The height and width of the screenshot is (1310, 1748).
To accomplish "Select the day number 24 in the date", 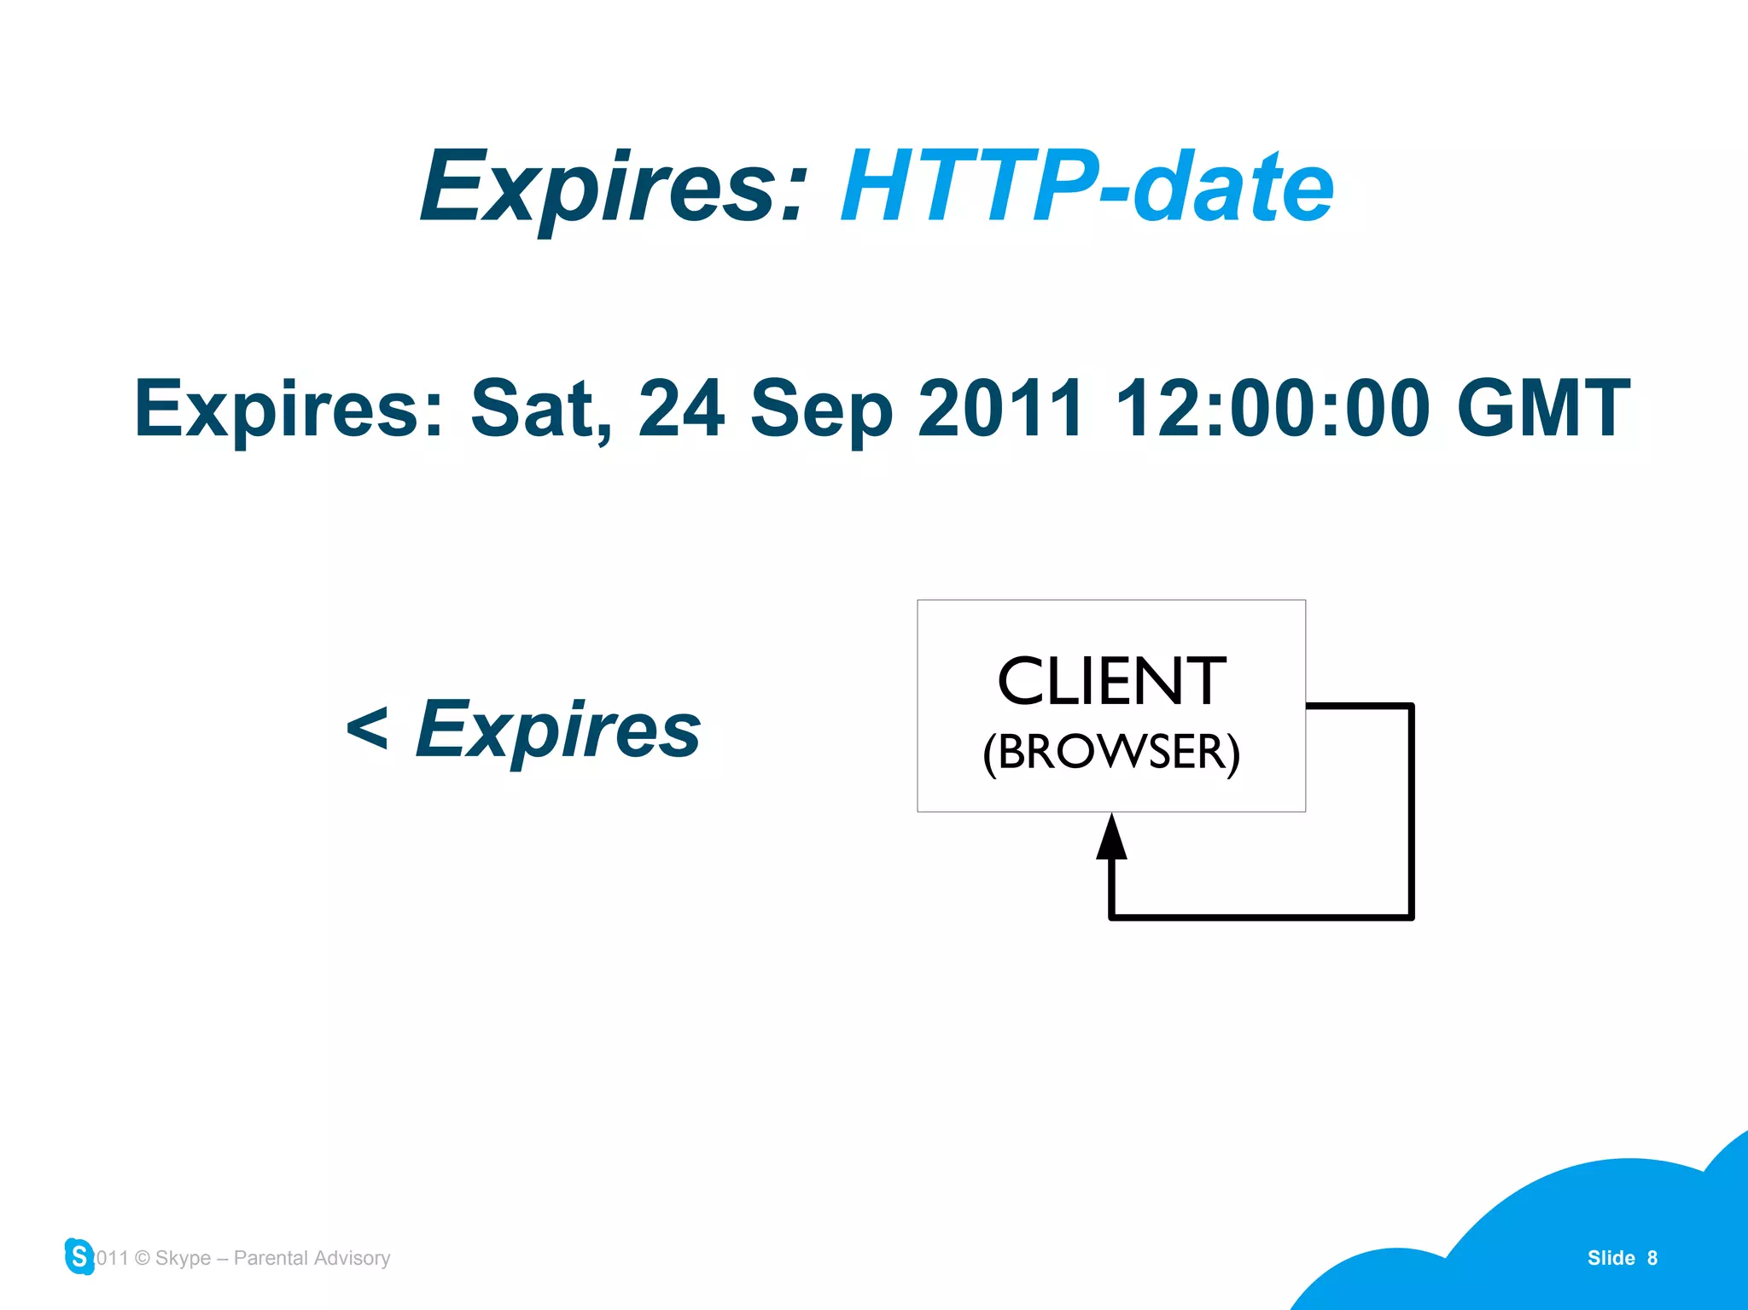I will pyautogui.click(x=681, y=410).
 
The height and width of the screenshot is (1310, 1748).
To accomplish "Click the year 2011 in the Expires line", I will pyautogui.click(x=1000, y=410).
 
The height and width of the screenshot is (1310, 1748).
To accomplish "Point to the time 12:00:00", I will pyautogui.click(x=1272, y=410).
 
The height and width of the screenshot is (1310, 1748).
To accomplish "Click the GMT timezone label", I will pyautogui.click(x=1543, y=410).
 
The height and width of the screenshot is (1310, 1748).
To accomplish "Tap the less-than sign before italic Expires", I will pyautogui.click(x=367, y=730).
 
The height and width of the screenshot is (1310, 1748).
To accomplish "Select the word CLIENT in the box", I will pyautogui.click(x=1111, y=682).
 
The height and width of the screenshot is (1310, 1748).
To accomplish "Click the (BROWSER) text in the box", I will pyautogui.click(x=1111, y=752).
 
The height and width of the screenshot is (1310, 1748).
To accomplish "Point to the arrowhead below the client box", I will pyautogui.click(x=1111, y=837).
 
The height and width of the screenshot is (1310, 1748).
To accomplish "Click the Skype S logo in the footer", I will pyautogui.click(x=79, y=1256).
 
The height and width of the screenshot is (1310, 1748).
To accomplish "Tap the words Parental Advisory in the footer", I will pyautogui.click(x=312, y=1258).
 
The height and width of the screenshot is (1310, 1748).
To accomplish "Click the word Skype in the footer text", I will pyautogui.click(x=183, y=1258).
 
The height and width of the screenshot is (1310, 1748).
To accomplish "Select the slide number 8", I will pyautogui.click(x=1652, y=1258).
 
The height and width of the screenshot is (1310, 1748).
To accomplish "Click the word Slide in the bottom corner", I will pyautogui.click(x=1611, y=1258).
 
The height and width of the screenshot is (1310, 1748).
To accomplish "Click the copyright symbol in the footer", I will pyautogui.click(x=143, y=1258).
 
